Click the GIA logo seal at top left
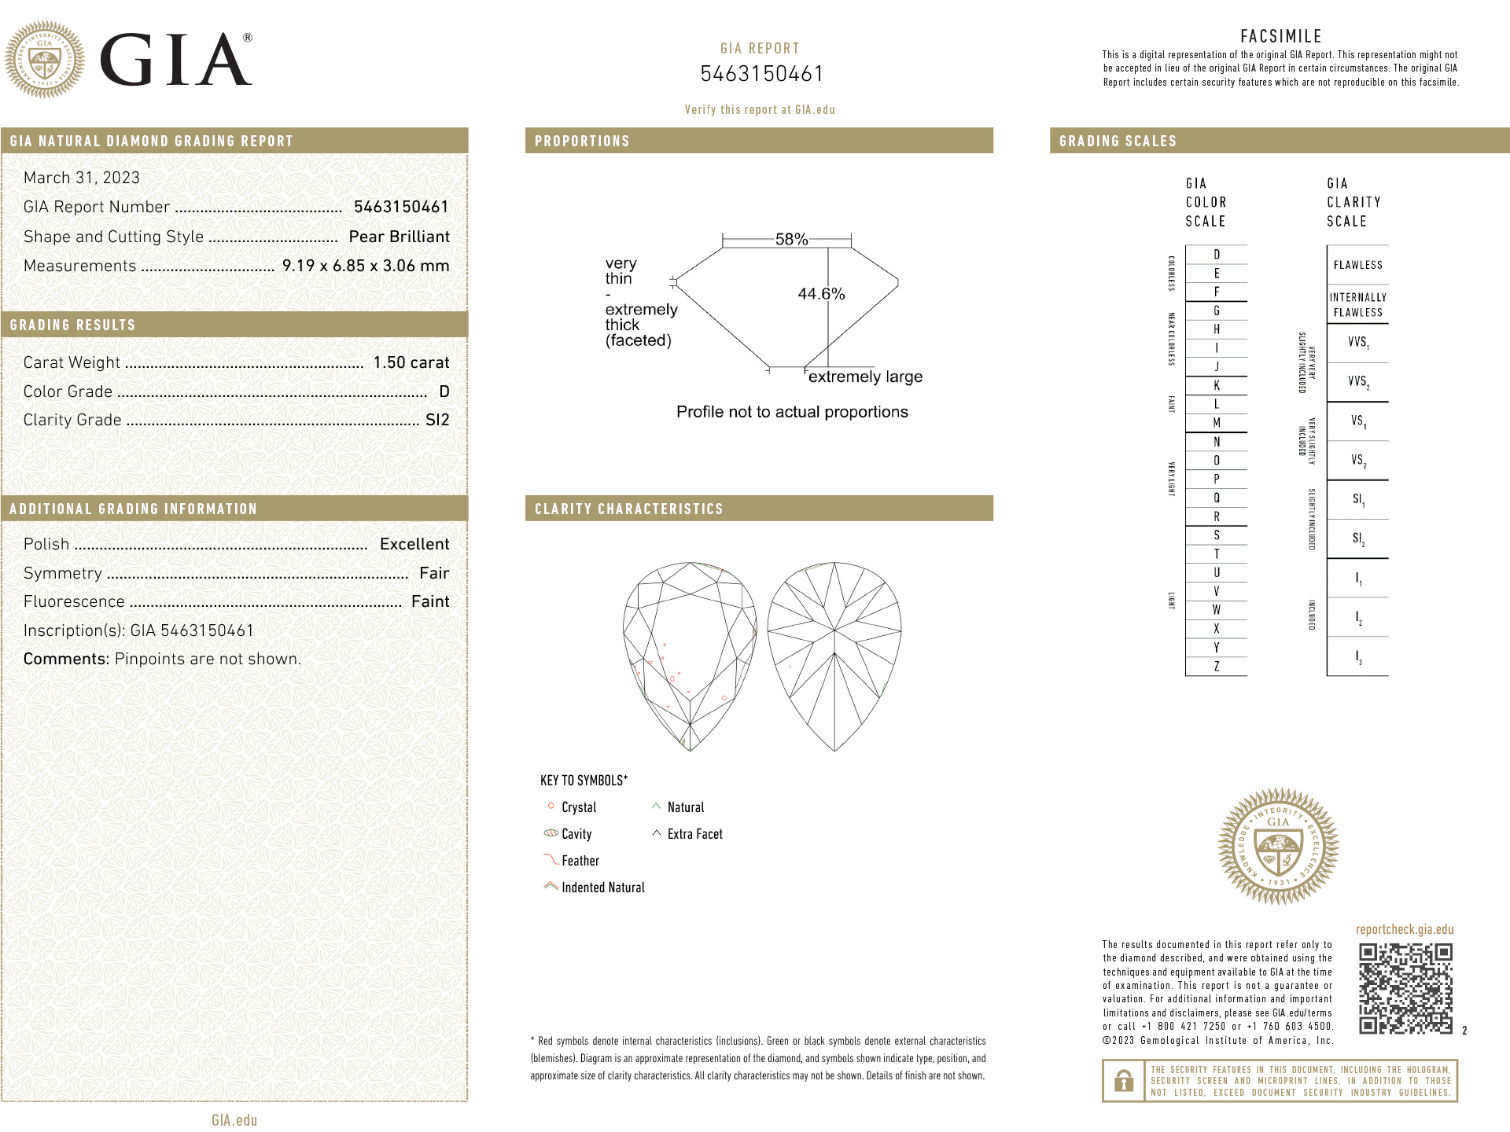tap(45, 60)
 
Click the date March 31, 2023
tap(82, 178)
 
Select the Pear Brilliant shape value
tap(399, 237)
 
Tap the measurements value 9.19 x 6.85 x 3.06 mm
tap(366, 266)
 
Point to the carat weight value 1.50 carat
tap(411, 362)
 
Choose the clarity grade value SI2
tap(437, 420)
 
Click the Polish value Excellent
tap(414, 544)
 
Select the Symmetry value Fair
tap(434, 573)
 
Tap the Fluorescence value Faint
tap(430, 601)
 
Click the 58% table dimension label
tap(791, 239)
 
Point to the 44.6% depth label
tap(821, 294)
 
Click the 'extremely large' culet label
tap(865, 377)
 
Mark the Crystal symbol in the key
tap(551, 806)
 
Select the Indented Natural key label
tap(602, 888)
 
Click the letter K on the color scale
tap(1217, 385)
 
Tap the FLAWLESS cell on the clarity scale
tap(1357, 265)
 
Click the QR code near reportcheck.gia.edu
tap(1405, 988)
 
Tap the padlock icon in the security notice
tap(1124, 1081)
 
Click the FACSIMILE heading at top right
tap(1280, 36)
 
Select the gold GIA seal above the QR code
tap(1278, 846)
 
